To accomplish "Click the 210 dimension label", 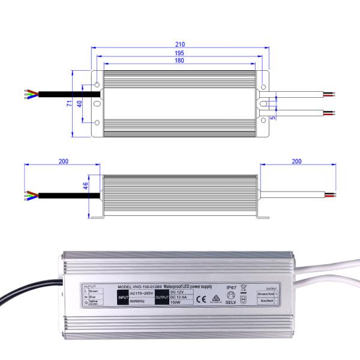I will click(180, 44).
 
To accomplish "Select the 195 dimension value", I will click(180, 53).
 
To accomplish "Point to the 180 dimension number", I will click(180, 61).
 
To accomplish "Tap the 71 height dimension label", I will click(70, 103).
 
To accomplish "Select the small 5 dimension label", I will click(273, 118).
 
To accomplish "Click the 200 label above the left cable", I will click(64, 161).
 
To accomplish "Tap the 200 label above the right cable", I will click(295, 161).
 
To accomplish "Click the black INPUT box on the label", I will click(123, 296).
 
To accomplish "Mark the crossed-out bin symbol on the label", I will click(244, 287).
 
